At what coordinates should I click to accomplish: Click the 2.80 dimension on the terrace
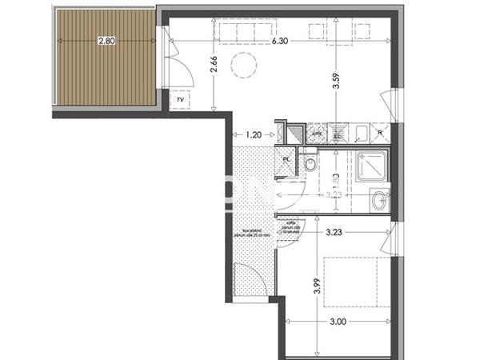coord(106,42)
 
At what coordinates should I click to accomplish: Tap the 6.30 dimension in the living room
coord(281,41)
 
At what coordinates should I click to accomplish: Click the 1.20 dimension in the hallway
coord(254,135)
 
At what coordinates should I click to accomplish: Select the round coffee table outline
coord(242,65)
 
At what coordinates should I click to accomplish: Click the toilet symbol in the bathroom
coord(311,165)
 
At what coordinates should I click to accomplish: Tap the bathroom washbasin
coord(379,200)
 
